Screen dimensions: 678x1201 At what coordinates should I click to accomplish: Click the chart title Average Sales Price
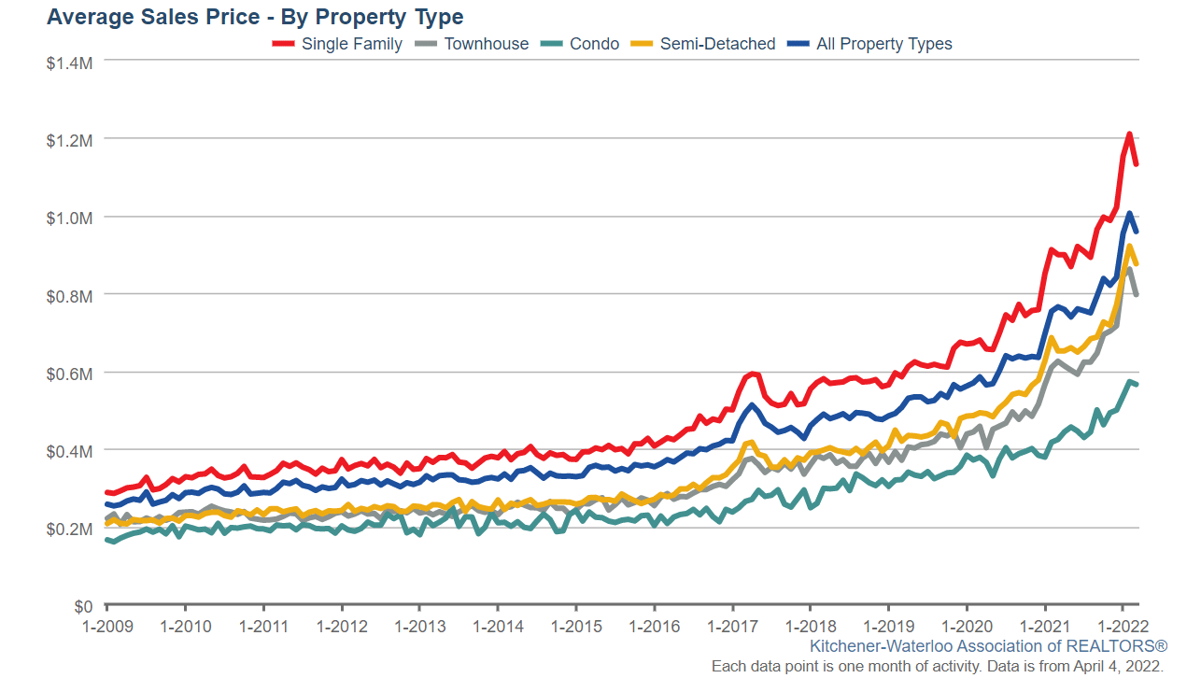click(x=255, y=17)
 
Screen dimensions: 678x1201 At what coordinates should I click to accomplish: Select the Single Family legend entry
click(x=338, y=44)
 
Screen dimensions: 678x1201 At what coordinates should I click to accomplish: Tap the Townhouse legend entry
click(x=473, y=44)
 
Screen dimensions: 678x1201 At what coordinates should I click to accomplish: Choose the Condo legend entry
click(x=582, y=44)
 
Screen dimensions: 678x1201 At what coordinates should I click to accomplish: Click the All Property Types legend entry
click(x=870, y=44)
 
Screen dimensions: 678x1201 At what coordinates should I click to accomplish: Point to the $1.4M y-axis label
click(x=69, y=61)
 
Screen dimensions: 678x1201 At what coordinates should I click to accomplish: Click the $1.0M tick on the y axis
click(x=69, y=217)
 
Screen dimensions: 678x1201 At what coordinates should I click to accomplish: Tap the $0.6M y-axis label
click(x=69, y=373)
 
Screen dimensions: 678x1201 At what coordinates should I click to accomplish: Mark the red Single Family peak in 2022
click(x=1129, y=134)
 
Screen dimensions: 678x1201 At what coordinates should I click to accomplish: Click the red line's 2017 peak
click(x=753, y=374)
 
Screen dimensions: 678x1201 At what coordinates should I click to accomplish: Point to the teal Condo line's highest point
click(x=1129, y=381)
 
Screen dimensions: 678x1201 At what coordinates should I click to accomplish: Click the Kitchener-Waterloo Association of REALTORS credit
click(x=988, y=646)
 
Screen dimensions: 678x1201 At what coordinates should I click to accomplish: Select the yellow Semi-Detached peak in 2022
click(x=1129, y=247)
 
